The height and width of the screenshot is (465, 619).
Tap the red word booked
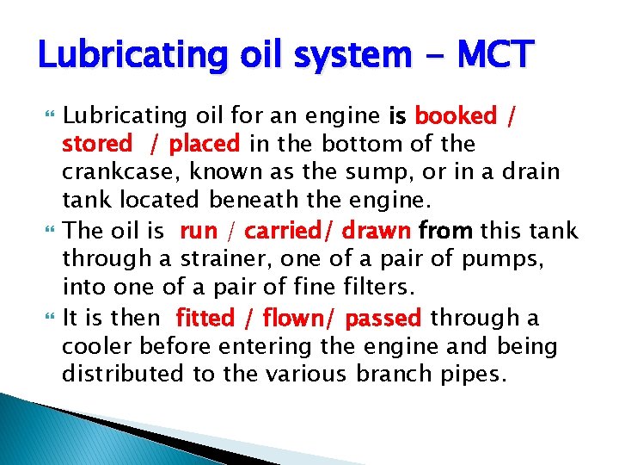pos(456,115)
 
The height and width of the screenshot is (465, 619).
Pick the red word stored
pos(97,143)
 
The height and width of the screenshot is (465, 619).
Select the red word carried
pos(292,232)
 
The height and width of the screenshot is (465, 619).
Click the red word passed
pos(383,319)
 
